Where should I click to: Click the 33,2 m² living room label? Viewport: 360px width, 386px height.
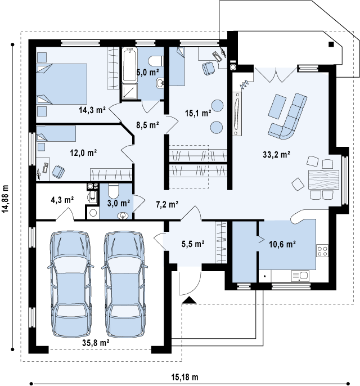[x=276, y=155]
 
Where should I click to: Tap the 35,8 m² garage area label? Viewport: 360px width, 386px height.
[x=96, y=343]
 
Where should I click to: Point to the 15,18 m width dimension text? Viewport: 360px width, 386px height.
[x=184, y=377]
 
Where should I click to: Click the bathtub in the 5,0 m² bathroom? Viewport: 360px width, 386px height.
[x=130, y=65]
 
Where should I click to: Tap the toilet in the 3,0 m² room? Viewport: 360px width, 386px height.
[x=114, y=191]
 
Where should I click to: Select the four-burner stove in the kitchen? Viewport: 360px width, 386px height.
[x=322, y=250]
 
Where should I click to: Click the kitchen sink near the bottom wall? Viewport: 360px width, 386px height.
[x=300, y=276]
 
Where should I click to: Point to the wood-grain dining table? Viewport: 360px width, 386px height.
[x=323, y=179]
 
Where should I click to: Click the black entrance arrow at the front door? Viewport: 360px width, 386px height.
[x=189, y=300]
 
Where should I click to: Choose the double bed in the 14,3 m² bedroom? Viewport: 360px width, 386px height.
[x=61, y=84]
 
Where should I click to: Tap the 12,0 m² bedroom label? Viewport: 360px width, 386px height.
[x=83, y=153]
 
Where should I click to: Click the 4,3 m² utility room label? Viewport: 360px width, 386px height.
[x=62, y=200]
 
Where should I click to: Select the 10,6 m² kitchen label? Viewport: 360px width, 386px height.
[x=282, y=244]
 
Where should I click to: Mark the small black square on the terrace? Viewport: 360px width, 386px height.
[x=331, y=44]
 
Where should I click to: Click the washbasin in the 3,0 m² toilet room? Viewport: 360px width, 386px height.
[x=123, y=216]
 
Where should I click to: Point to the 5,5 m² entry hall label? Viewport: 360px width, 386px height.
[x=193, y=244]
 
